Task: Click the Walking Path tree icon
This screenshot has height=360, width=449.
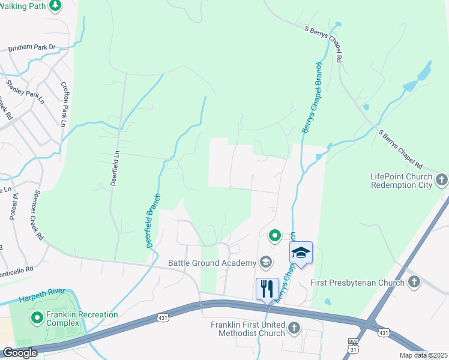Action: pos(55,5)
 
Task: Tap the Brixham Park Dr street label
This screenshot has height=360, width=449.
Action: pos(31,48)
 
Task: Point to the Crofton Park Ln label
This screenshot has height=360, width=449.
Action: pos(64,104)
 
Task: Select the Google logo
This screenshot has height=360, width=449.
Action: pos(19,353)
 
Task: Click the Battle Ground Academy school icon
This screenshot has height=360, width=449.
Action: pos(265,262)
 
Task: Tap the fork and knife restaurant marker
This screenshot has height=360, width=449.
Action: pos(267,289)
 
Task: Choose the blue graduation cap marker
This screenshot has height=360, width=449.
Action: pos(301,253)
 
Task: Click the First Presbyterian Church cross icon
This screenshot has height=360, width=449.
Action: pos(414,282)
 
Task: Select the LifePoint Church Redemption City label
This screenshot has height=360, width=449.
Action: pos(401,181)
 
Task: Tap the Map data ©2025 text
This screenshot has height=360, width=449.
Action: pos(423,355)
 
